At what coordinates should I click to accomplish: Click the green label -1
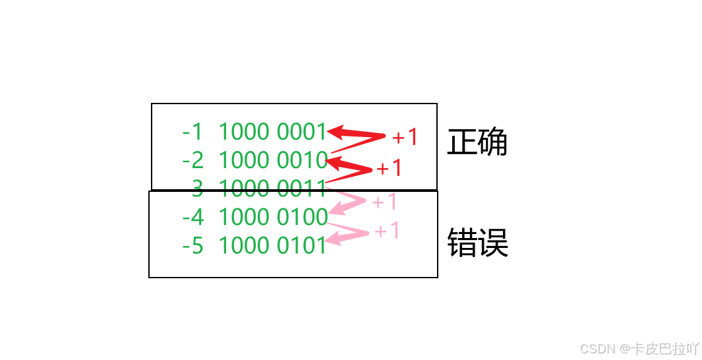192,133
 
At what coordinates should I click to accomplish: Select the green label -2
192,160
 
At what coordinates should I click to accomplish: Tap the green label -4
192,217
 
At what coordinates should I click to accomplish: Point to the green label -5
192,246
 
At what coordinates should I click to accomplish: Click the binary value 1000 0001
272,133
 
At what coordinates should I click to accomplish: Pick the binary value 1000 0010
272,160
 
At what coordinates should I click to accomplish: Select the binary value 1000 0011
272,189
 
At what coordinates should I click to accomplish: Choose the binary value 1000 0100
272,217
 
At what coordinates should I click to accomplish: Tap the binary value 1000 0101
272,246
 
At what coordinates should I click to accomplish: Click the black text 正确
477,142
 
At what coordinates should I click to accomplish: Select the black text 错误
477,243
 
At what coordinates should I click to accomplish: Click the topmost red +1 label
405,137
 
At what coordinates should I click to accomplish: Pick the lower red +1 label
389,168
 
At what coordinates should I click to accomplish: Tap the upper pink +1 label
384,202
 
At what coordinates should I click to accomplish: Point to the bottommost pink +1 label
387,231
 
